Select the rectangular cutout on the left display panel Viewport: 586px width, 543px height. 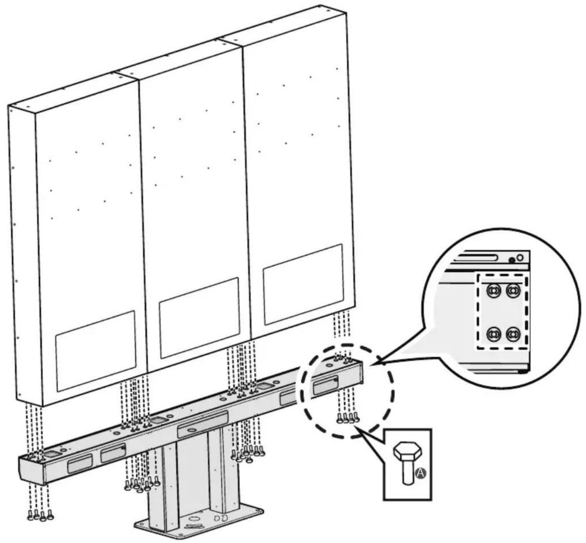(96, 351)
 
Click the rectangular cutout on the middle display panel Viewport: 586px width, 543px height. (199, 318)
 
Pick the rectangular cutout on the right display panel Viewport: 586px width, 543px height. (303, 284)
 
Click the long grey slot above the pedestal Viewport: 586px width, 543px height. (203, 424)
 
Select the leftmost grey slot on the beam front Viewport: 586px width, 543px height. (80, 464)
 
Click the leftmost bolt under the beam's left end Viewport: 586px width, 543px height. (30, 517)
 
